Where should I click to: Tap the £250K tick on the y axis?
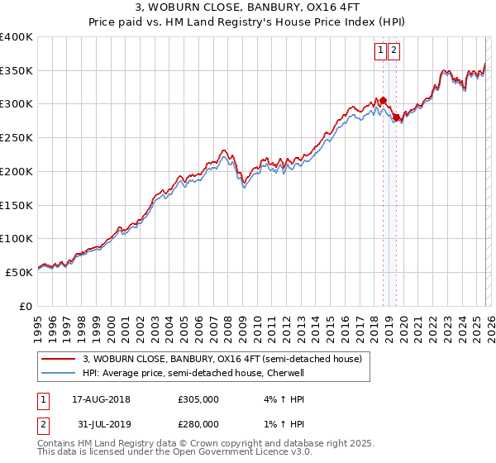point(17,137)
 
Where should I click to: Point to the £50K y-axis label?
point(19,271)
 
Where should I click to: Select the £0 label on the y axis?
point(26,305)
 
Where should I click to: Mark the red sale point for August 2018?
point(383,101)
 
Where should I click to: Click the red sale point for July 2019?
point(396,117)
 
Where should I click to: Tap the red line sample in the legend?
point(57,360)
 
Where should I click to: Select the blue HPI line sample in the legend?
point(57,373)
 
